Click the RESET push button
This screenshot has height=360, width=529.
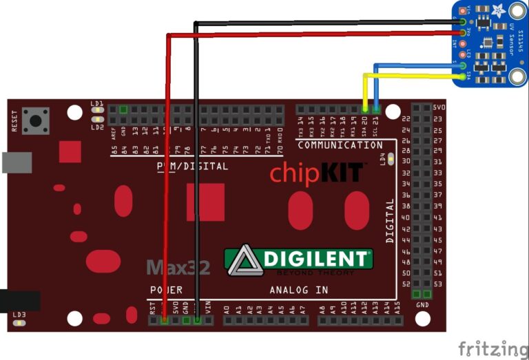tap(35, 121)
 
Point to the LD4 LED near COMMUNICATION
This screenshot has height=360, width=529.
tap(391, 160)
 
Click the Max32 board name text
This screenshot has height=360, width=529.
tap(178, 268)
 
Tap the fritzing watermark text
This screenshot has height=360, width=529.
tap(493, 347)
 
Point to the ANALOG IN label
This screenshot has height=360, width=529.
tap(299, 290)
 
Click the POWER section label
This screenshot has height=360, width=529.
tap(166, 290)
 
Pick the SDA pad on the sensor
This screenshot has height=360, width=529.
tap(461, 76)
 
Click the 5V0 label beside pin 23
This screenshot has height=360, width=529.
tap(439, 109)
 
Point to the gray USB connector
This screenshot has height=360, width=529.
tap(15, 162)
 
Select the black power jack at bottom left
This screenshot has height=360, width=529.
tap(18, 301)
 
